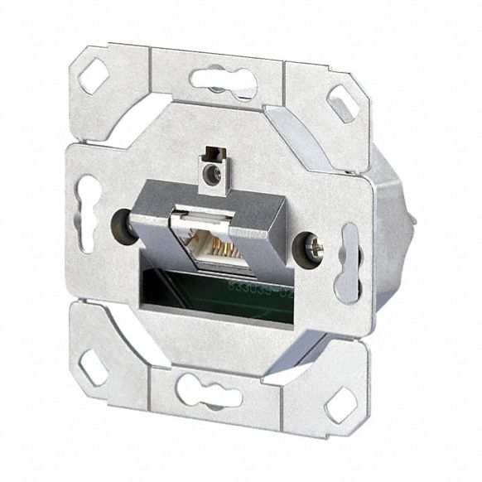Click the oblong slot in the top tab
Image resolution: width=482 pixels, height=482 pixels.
[221, 80]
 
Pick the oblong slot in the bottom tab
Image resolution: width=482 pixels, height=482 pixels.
[210, 388]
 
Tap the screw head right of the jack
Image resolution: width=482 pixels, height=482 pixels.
[311, 244]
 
